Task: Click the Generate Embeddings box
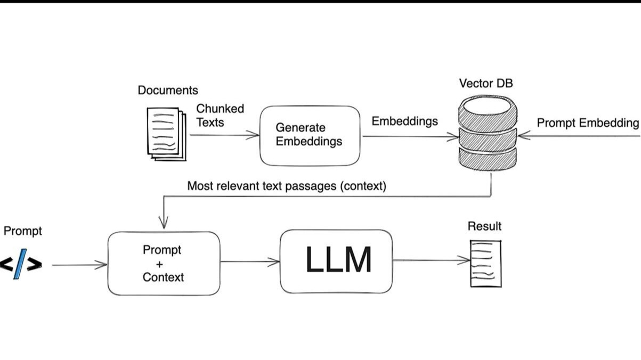[x=310, y=135]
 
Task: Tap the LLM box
[x=336, y=261]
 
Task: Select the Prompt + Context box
[x=164, y=263]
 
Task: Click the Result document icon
[x=485, y=263]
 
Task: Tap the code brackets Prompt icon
[x=20, y=264]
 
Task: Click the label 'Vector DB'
[x=486, y=84]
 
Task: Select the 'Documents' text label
[x=168, y=91]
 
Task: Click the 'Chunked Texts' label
[x=220, y=115]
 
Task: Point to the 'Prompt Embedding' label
[x=587, y=123]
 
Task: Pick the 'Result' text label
[x=484, y=226]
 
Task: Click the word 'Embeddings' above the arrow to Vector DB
[x=404, y=121]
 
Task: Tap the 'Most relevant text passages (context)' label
[x=287, y=186]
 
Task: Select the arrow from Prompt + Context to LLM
[x=249, y=261]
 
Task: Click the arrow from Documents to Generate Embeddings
[x=224, y=135]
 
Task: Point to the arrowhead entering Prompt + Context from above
[x=164, y=224]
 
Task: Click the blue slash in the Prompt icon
[x=20, y=265]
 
